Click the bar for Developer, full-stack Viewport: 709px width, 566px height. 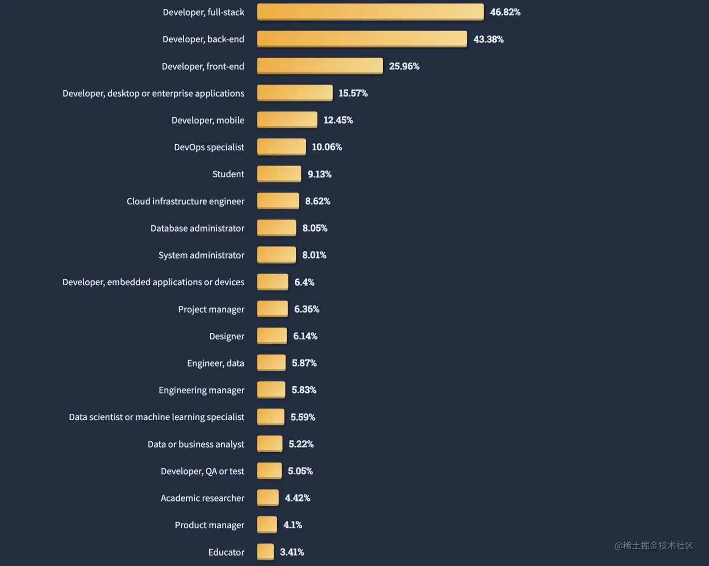370,12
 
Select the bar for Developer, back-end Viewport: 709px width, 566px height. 362,39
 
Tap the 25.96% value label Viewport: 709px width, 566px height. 404,66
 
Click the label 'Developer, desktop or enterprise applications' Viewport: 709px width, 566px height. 153,93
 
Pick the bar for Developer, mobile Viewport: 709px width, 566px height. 287,120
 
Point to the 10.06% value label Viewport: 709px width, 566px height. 326,147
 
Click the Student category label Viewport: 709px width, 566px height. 228,174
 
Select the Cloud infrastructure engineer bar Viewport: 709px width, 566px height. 278,201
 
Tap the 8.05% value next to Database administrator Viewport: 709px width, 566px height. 315,228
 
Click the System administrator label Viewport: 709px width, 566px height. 201,255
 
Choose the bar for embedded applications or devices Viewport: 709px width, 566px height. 272,282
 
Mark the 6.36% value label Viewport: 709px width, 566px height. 306,309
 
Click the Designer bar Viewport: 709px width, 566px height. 272,336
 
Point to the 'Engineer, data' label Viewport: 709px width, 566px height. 215,363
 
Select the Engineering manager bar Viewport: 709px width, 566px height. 271,390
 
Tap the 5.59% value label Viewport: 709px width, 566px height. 302,417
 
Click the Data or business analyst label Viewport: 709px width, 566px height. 195,444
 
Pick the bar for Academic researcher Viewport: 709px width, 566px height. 268,498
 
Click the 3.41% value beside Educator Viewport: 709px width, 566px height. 291,552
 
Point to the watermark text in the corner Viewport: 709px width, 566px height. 653,545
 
